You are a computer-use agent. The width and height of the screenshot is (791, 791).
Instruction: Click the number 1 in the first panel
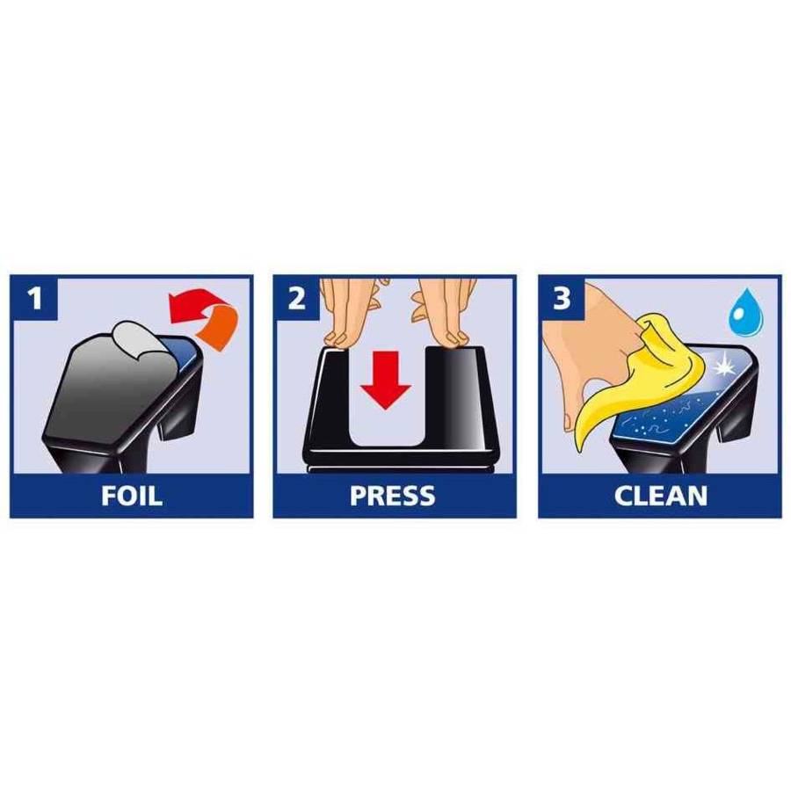pos(35,298)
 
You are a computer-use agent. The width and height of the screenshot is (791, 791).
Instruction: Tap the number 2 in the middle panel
pos(297,298)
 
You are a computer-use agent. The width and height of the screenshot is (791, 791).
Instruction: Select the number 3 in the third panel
pos(562,298)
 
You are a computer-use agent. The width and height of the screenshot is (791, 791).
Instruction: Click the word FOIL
pos(132,496)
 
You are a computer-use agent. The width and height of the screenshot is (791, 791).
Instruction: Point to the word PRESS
pos(393,496)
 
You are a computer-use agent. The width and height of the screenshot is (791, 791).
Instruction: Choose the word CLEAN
pos(660,496)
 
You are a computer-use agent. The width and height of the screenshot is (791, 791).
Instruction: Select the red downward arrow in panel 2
pos(386,380)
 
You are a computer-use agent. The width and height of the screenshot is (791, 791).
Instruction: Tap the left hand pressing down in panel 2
pos(351,310)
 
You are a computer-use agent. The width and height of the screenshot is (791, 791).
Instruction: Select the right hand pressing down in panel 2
pos(444,310)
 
